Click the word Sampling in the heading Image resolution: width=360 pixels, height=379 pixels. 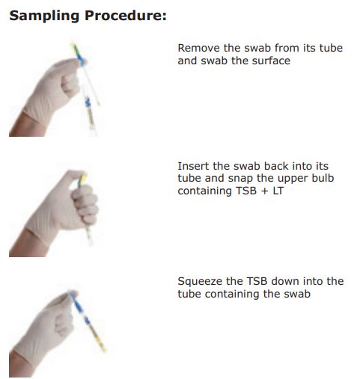tap(44, 16)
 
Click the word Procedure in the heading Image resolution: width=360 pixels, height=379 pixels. tap(126, 16)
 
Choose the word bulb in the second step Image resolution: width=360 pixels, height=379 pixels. tap(323, 178)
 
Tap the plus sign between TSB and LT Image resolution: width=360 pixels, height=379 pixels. tap(265, 191)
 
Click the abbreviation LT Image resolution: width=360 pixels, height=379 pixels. tap(278, 191)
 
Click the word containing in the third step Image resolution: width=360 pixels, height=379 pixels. tap(233, 294)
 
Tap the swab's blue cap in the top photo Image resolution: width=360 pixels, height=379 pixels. tap(81, 59)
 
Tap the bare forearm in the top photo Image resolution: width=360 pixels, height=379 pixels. tap(25, 126)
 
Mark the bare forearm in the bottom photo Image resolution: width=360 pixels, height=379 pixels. tap(19, 365)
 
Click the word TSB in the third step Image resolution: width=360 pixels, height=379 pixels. tap(257, 281)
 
